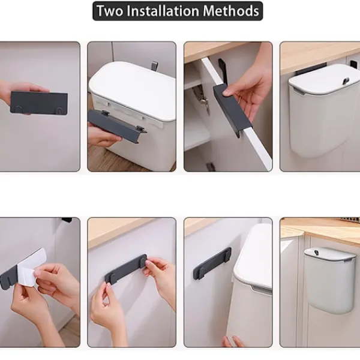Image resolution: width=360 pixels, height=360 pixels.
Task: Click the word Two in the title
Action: click(x=110, y=11)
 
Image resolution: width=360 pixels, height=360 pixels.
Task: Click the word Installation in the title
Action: click(x=163, y=11)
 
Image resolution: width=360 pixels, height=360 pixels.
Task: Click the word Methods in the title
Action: click(x=231, y=11)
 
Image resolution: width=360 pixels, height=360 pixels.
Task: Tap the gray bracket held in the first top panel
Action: click(x=39, y=103)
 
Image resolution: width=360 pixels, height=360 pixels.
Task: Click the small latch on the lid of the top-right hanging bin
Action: click(x=346, y=81)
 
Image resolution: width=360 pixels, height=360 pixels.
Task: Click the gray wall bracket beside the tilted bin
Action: click(x=212, y=262)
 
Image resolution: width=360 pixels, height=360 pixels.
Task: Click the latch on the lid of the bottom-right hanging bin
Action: click(x=317, y=253)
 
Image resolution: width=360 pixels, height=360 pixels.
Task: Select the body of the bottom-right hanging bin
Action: click(x=329, y=287)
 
